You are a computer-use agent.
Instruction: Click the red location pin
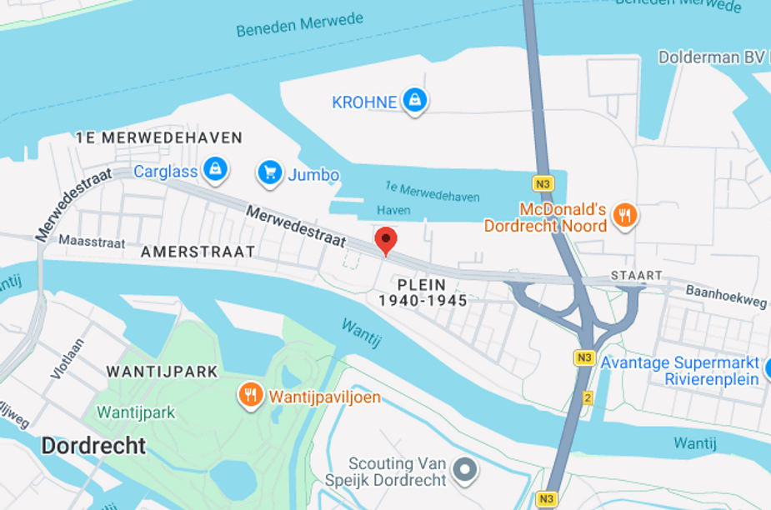(385, 240)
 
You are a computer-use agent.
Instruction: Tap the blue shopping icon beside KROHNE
(414, 102)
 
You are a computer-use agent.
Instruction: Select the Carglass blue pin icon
(215, 170)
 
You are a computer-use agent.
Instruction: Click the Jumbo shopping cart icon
(268, 172)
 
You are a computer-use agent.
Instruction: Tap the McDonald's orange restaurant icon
(623, 216)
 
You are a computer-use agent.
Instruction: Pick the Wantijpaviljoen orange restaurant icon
(250, 395)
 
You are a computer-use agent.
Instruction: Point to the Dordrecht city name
(93, 446)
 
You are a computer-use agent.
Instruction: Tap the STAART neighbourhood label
(636, 275)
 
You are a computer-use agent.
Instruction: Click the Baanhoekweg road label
(725, 295)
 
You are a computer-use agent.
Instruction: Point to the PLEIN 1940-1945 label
(423, 292)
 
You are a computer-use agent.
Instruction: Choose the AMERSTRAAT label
(198, 252)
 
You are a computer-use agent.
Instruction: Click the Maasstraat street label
(92, 241)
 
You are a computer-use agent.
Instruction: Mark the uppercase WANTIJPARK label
(162, 372)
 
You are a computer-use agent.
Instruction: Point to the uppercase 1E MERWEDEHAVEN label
(158, 137)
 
